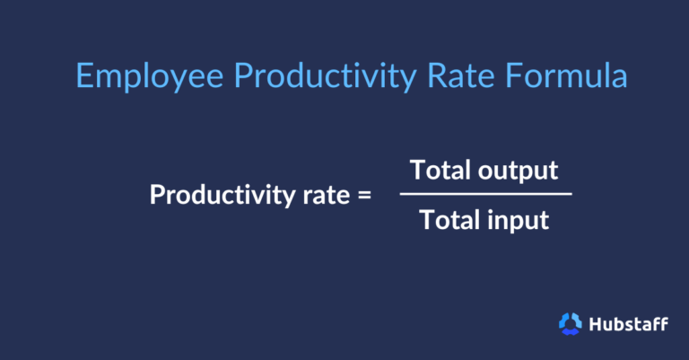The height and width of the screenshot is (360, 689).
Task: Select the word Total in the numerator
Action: pyautogui.click(x=437, y=169)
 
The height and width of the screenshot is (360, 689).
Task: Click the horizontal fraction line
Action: pyautogui.click(x=485, y=193)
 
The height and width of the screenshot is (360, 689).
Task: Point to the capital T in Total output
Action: pyautogui.click(x=416, y=169)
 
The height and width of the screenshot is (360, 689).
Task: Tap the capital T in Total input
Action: pyautogui.click(x=425, y=219)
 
